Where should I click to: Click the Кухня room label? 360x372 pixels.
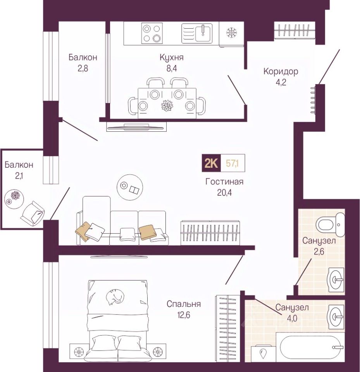pos(171,57)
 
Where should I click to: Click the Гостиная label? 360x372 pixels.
pos(224,182)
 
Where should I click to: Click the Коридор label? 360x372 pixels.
pos(281,71)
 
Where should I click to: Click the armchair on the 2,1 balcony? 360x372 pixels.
pos(34,213)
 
